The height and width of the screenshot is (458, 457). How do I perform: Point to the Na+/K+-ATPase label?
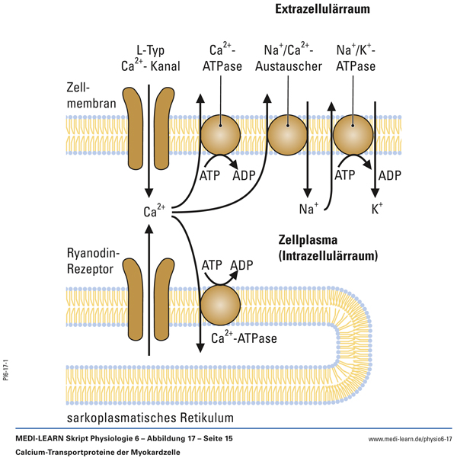click(358, 59)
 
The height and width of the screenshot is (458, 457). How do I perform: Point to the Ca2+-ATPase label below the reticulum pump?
click(244, 338)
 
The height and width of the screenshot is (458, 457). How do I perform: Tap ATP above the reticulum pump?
click(213, 265)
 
